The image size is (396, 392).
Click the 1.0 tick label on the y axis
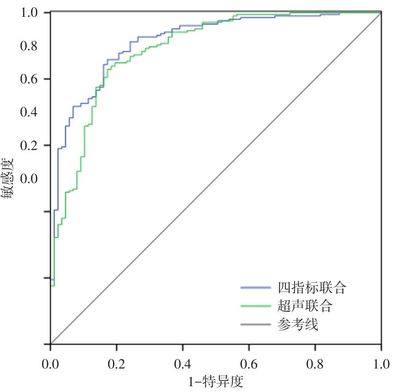click(32, 12)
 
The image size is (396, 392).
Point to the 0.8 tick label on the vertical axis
click(32, 46)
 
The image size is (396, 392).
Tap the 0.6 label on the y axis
click(32, 79)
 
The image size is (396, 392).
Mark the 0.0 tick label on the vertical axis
click(32, 179)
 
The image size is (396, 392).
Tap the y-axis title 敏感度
click(11, 178)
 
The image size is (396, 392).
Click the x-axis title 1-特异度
click(215, 382)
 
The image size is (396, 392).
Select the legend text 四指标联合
click(312, 288)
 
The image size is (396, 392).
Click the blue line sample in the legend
click(256, 288)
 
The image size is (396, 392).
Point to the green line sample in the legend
click(256, 306)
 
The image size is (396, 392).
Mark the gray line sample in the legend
click(256, 325)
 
